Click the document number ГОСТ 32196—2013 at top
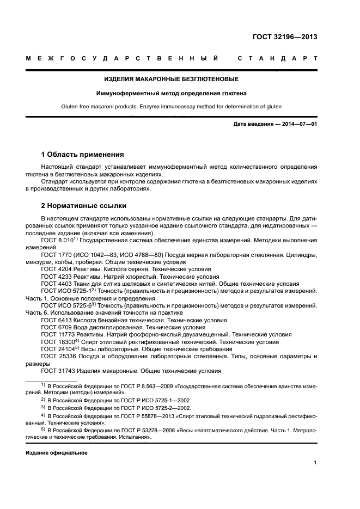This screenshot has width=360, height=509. (x=285, y=38)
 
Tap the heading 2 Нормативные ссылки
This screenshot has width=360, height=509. (x=84, y=206)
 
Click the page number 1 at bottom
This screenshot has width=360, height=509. (x=315, y=463)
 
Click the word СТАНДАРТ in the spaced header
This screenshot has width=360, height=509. (x=278, y=58)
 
